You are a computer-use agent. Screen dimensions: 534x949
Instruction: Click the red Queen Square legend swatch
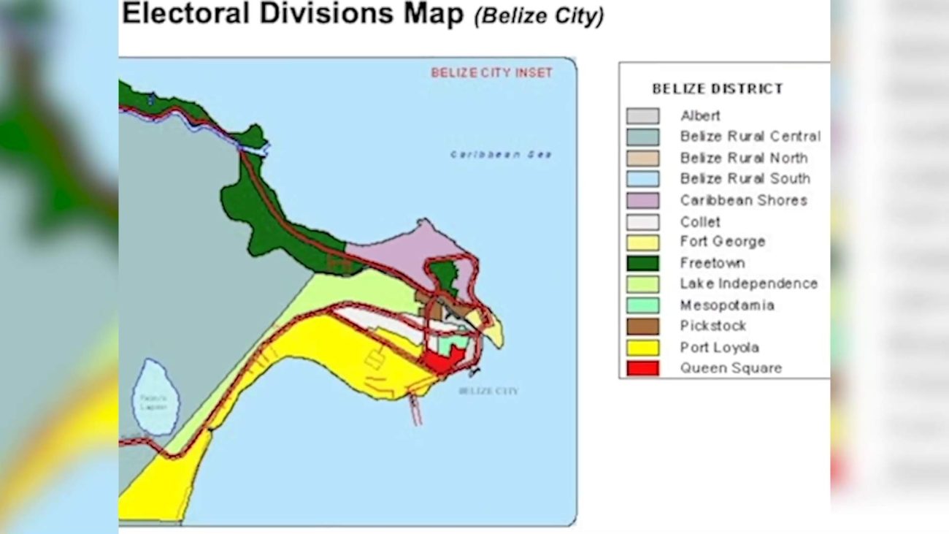[x=642, y=368]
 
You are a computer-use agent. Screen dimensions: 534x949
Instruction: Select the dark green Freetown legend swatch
[x=642, y=263]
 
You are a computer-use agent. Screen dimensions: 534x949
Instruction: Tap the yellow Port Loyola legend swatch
[x=642, y=348]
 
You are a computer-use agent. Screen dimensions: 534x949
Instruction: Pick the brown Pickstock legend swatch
[x=642, y=327]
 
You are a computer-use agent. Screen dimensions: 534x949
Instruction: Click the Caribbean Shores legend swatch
[x=642, y=200]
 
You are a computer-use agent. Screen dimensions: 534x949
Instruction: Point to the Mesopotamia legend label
[x=727, y=305]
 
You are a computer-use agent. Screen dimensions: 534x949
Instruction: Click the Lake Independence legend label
[x=749, y=283]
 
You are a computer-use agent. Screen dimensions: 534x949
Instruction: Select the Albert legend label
[x=700, y=115]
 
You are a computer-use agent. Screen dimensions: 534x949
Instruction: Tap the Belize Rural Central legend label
[x=750, y=137]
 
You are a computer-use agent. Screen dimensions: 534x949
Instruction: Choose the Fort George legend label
[x=723, y=242]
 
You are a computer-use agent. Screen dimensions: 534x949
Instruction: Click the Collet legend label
[x=700, y=221]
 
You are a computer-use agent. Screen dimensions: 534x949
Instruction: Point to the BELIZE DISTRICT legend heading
[x=718, y=89]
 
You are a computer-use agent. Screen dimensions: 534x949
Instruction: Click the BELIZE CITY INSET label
[x=492, y=73]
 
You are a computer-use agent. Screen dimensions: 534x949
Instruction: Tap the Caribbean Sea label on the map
[x=501, y=155]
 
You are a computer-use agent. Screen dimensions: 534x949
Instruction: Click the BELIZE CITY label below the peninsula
[x=488, y=391]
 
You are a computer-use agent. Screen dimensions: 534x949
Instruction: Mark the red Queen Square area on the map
[x=442, y=361]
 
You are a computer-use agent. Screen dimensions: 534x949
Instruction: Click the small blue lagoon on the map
[x=155, y=398]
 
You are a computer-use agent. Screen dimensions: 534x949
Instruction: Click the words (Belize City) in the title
[x=539, y=16]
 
